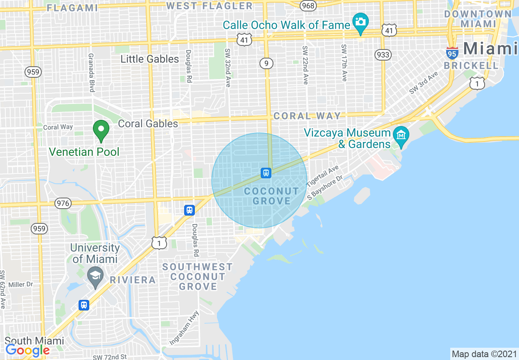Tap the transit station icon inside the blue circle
coord(266,173)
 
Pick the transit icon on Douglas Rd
coord(189,210)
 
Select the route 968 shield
coord(307,6)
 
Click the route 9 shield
coord(266,63)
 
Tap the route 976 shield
coord(64,203)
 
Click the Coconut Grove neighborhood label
coord(271,196)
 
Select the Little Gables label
coord(149,59)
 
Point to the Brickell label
coord(471,65)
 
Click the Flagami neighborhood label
coord(72,8)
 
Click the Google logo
coord(27,351)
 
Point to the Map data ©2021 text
coord(484,354)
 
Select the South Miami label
coord(34,341)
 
